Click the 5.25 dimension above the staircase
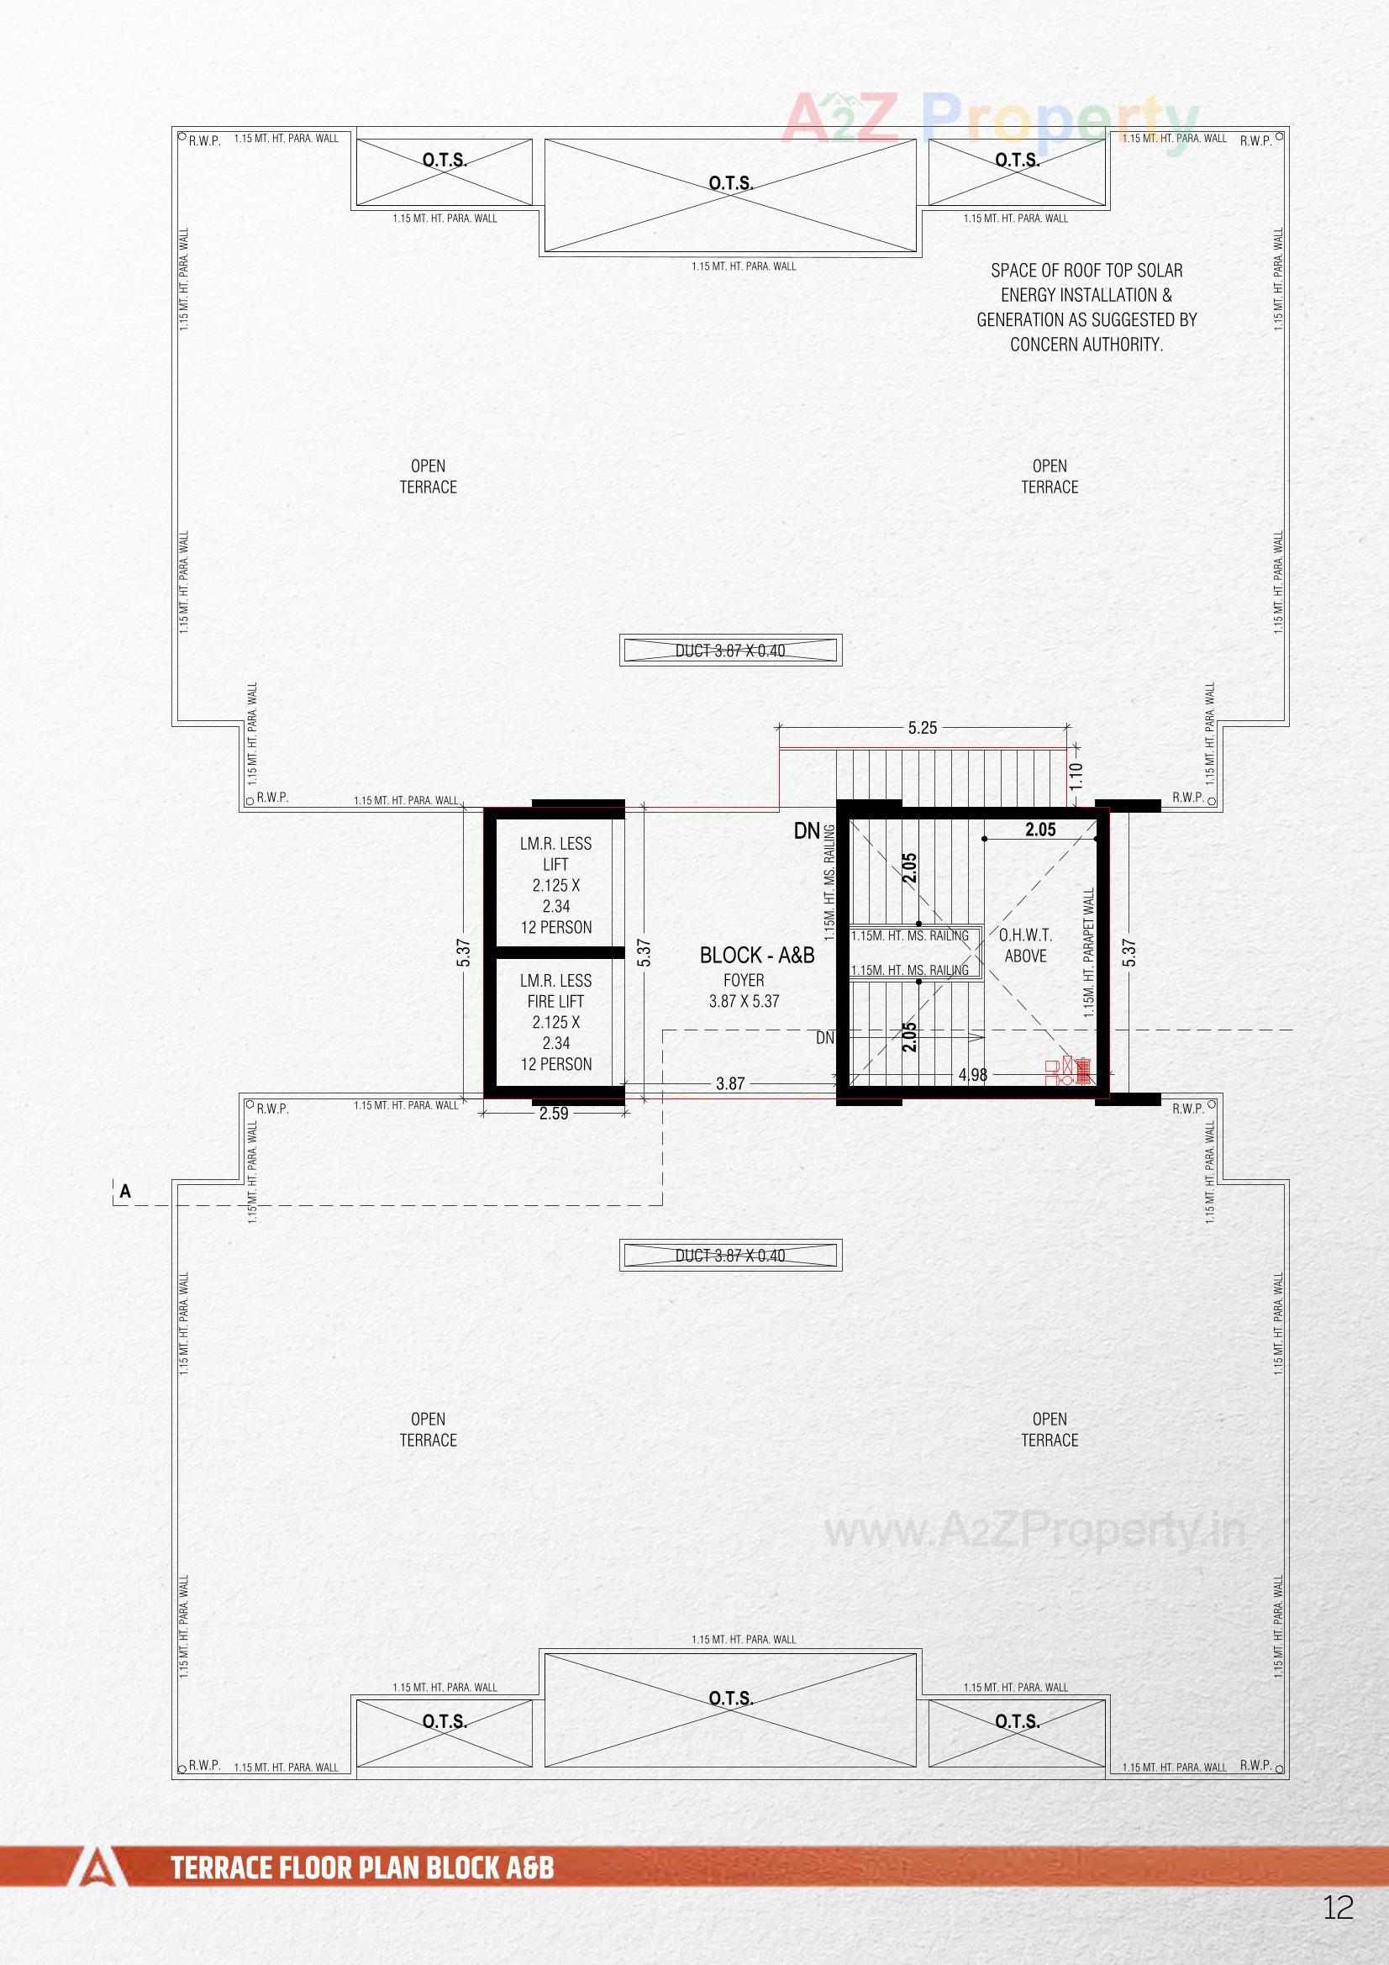point(922,729)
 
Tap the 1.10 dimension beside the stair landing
point(1076,776)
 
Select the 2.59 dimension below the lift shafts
point(554,1114)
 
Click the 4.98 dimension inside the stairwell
point(973,1075)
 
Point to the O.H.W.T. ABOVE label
point(1025,946)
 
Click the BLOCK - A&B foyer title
point(756,956)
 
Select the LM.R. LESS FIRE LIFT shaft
point(555,1023)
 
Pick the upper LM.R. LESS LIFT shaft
point(555,885)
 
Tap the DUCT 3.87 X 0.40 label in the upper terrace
point(730,651)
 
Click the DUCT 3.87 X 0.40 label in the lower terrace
point(730,1256)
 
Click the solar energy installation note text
point(1086,308)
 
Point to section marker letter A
point(126,1192)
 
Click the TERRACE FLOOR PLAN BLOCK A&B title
point(363,1868)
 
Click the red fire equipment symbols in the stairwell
point(1069,1072)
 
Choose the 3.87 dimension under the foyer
point(730,1084)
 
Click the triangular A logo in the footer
point(99,1868)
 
